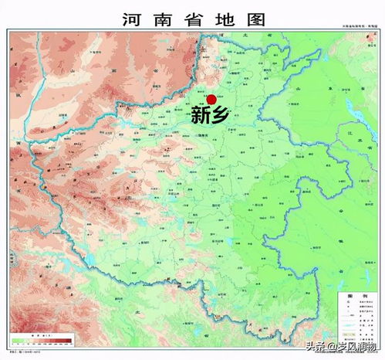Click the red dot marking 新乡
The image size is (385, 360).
point(211,100)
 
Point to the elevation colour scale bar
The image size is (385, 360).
point(42,340)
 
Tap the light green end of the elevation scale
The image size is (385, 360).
point(15,340)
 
